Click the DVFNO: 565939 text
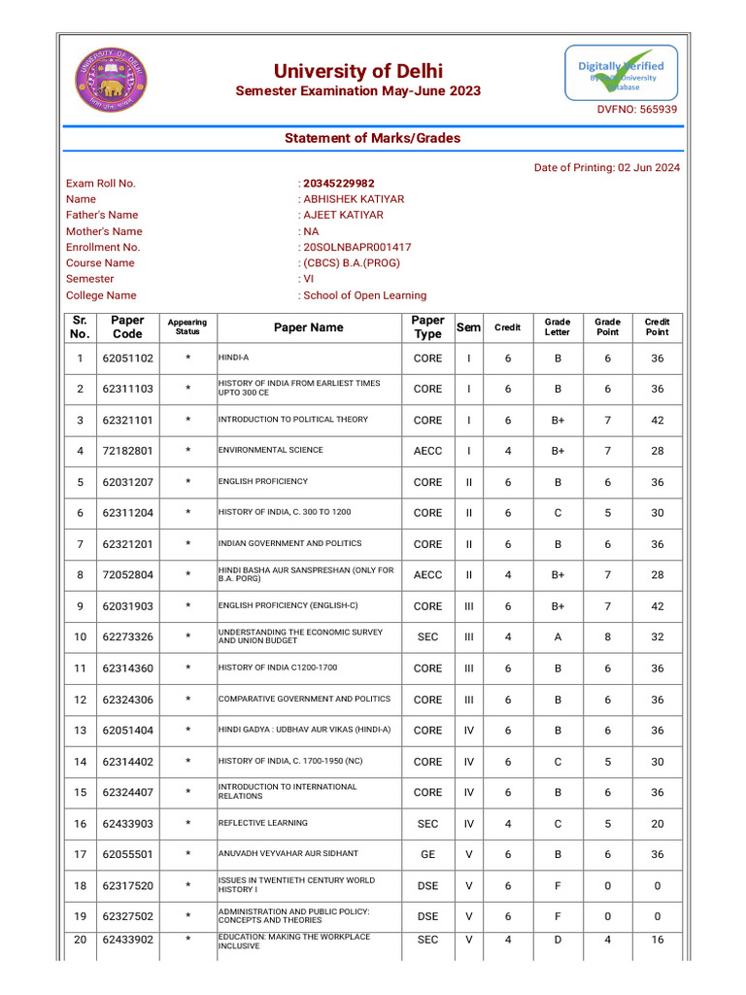(636, 110)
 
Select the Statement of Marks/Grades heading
(372, 138)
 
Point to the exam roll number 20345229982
(339, 183)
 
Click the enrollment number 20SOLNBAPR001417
(356, 247)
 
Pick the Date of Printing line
(607, 167)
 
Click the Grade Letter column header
(558, 327)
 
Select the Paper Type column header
(427, 327)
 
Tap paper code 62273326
(128, 637)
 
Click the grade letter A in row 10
(558, 637)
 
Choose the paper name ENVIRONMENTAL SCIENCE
(270, 451)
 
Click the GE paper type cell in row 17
(427, 854)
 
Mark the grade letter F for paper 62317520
(558, 885)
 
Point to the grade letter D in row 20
(558, 940)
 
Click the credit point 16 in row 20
(658, 940)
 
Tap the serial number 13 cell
(80, 731)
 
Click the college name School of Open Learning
(364, 295)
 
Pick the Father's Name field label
(102, 215)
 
